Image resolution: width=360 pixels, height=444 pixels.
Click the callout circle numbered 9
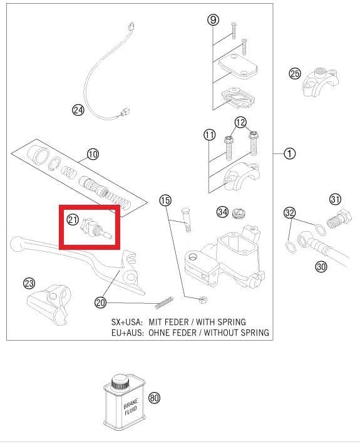tap(213, 20)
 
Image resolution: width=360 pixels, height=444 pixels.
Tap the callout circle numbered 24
tap(78, 110)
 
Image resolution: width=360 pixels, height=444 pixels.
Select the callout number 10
tap(93, 154)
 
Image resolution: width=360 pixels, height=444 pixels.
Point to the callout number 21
tap(73, 220)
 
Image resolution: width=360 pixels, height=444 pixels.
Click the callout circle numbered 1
tap(289, 153)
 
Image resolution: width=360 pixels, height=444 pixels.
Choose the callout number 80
tap(154, 398)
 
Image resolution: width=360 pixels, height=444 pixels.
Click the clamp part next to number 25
tap(320, 81)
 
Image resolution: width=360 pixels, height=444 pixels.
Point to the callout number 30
tap(321, 266)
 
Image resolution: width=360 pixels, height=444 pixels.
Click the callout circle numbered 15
tap(165, 200)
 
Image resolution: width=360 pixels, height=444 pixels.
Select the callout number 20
tap(100, 302)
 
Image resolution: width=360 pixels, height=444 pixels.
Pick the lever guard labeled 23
tap(51, 301)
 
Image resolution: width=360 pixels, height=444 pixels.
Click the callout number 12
tap(241, 122)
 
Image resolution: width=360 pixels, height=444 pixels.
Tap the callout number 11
tap(209, 135)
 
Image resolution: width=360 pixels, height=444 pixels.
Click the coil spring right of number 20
tap(162, 304)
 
